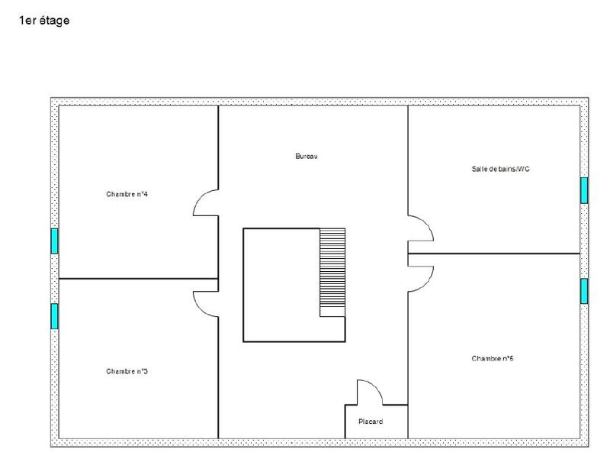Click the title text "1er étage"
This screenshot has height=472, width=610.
pyautogui.click(x=44, y=21)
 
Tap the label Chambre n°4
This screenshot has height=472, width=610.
pyautogui.click(x=127, y=194)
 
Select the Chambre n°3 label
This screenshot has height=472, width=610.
pyautogui.click(x=127, y=372)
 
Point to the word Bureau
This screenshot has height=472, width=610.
pyautogui.click(x=306, y=157)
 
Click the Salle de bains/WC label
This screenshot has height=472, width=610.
pyautogui.click(x=500, y=169)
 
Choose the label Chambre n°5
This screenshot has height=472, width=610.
pyautogui.click(x=492, y=358)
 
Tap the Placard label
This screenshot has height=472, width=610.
pyautogui.click(x=371, y=421)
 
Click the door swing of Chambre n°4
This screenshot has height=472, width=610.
pyautogui.click(x=205, y=202)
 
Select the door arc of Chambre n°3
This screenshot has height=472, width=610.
pyautogui.click(x=205, y=303)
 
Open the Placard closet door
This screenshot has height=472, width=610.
pyautogui.click(x=371, y=392)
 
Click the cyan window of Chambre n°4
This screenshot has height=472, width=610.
pyautogui.click(x=54, y=241)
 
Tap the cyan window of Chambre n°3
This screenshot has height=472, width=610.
pyautogui.click(x=54, y=315)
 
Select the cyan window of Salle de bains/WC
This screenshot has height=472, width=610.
pyautogui.click(x=584, y=190)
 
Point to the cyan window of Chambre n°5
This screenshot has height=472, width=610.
pyautogui.click(x=584, y=291)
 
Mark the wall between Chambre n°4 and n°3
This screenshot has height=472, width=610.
pyautogui.click(x=137, y=279)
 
